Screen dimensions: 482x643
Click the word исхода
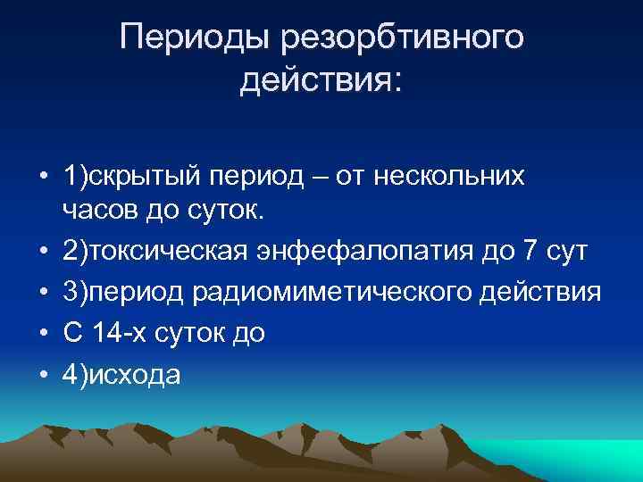[x=134, y=376]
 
